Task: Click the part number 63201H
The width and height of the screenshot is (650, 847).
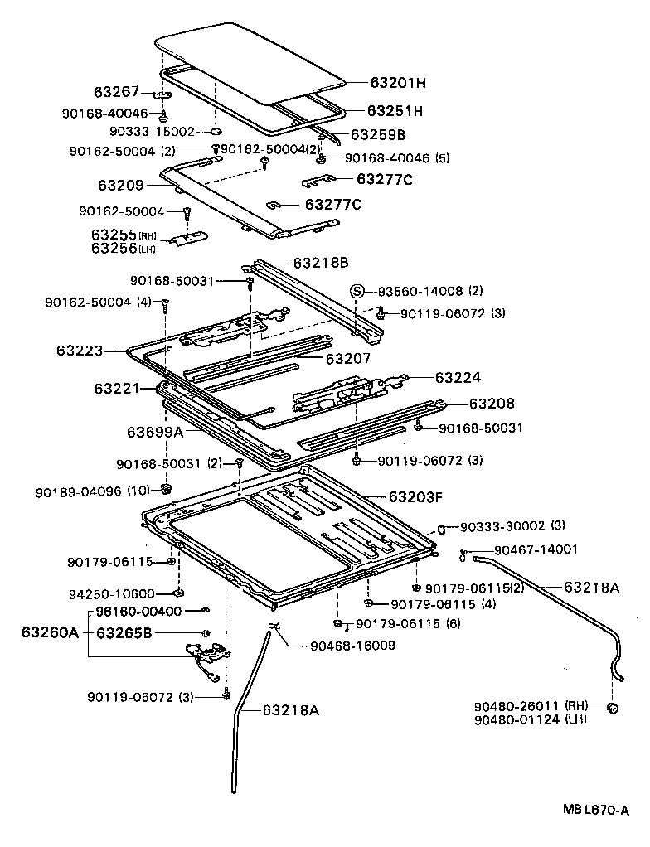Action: pyautogui.click(x=398, y=83)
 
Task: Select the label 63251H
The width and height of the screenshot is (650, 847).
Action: pyautogui.click(x=395, y=111)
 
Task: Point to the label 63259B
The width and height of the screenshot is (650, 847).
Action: pyautogui.click(x=377, y=134)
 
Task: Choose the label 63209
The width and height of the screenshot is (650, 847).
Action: pyautogui.click(x=121, y=186)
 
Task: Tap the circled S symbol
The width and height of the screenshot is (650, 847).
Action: pyautogui.click(x=357, y=291)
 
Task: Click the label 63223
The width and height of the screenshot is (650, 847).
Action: pyautogui.click(x=80, y=351)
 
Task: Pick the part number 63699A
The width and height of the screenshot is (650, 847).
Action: pyautogui.click(x=154, y=432)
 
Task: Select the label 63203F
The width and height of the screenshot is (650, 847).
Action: pyautogui.click(x=415, y=497)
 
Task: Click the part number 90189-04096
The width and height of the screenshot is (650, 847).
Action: pyautogui.click(x=80, y=491)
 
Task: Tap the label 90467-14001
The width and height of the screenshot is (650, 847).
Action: pyautogui.click(x=536, y=549)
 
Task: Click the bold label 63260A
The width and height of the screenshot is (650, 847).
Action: pyautogui.click(x=50, y=633)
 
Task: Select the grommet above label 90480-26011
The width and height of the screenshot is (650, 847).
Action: pyautogui.click(x=614, y=708)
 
